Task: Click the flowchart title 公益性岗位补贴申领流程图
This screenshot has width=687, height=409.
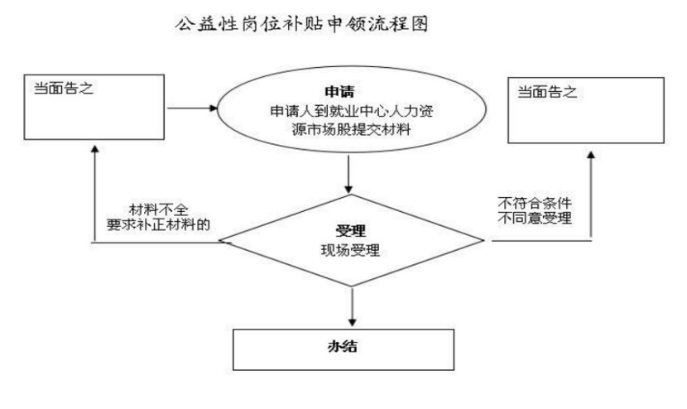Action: point(301,24)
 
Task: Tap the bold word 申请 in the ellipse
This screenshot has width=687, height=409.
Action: point(339,92)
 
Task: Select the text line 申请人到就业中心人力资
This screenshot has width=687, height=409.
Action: point(352,111)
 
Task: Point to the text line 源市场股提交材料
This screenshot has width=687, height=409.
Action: point(352,130)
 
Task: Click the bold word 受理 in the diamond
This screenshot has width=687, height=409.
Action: point(350,231)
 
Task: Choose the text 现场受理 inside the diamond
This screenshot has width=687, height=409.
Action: point(350,250)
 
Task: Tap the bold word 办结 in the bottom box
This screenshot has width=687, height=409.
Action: point(343,346)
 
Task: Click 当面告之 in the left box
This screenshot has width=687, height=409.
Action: point(64,89)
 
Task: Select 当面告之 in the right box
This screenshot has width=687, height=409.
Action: point(547,92)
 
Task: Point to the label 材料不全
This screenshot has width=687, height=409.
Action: point(159,209)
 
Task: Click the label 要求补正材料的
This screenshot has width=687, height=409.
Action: point(159,224)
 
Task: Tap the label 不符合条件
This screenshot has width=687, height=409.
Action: point(535,203)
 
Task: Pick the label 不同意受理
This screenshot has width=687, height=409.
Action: point(535,218)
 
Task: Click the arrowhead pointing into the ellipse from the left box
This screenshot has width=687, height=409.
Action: point(214,108)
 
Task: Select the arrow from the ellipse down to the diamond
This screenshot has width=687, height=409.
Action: point(348,175)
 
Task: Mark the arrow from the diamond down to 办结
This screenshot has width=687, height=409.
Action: point(353,306)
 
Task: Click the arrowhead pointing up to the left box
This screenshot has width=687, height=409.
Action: point(94,150)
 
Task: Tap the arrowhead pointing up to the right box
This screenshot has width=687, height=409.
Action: point(591,155)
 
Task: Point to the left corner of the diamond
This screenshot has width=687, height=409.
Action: point(219,240)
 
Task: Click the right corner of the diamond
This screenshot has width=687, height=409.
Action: point(483,240)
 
